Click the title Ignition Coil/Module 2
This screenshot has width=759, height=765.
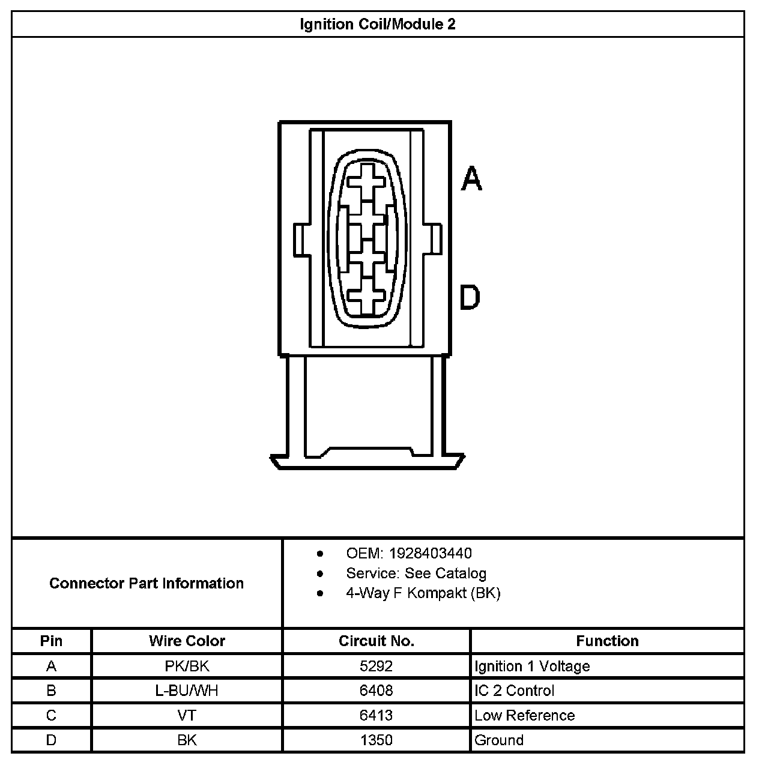click(x=377, y=24)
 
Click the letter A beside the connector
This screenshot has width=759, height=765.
click(x=471, y=179)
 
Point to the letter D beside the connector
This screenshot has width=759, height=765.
click(x=470, y=298)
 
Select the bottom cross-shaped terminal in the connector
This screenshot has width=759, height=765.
click(x=366, y=297)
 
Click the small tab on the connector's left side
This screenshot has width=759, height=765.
click(x=301, y=240)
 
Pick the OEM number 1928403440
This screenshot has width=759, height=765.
click(x=430, y=553)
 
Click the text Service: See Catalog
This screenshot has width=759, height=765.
click(x=416, y=573)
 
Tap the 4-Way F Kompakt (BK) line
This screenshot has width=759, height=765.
click(x=423, y=593)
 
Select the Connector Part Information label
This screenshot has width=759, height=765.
click(x=147, y=583)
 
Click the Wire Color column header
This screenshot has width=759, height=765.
click(x=187, y=641)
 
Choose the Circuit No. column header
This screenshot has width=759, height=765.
click(x=376, y=641)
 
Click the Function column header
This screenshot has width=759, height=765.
click(x=607, y=641)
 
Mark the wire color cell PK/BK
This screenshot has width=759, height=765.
click(x=187, y=666)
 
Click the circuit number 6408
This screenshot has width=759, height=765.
click(x=376, y=691)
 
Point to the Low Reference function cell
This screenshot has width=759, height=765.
click(x=524, y=715)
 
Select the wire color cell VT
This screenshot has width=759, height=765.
click(x=187, y=715)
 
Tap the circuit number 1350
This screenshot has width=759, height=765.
click(x=376, y=740)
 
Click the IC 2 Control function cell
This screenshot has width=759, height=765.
click(x=514, y=691)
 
